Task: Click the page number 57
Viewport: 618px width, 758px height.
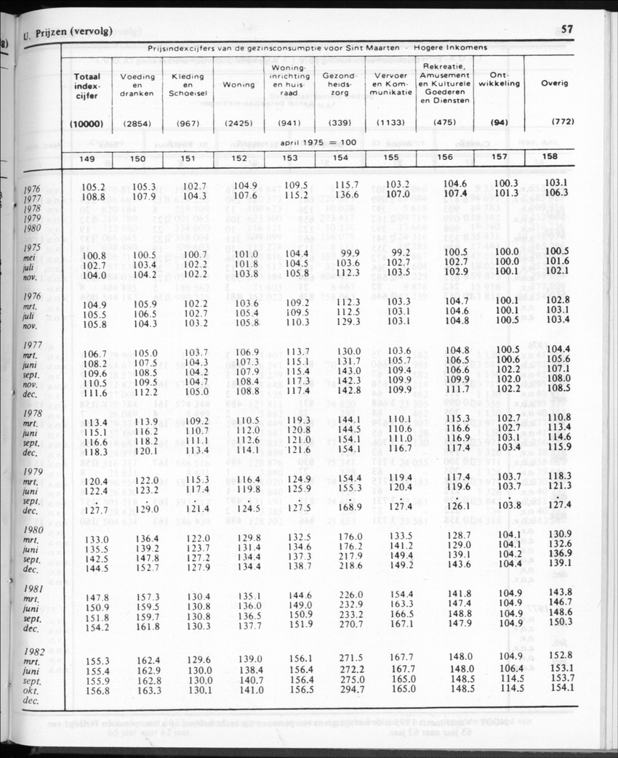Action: (568, 30)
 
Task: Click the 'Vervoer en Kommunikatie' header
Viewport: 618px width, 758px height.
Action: (393, 84)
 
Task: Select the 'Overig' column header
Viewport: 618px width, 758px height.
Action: (554, 83)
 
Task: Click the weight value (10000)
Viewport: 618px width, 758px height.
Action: (87, 124)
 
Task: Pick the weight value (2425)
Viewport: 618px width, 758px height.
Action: (238, 124)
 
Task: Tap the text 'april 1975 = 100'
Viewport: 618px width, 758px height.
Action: (318, 142)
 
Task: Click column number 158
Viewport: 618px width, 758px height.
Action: (551, 157)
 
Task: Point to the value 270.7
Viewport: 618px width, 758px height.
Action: (352, 624)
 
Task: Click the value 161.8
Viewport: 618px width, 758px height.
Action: (148, 625)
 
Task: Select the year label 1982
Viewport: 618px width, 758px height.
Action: (34, 653)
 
